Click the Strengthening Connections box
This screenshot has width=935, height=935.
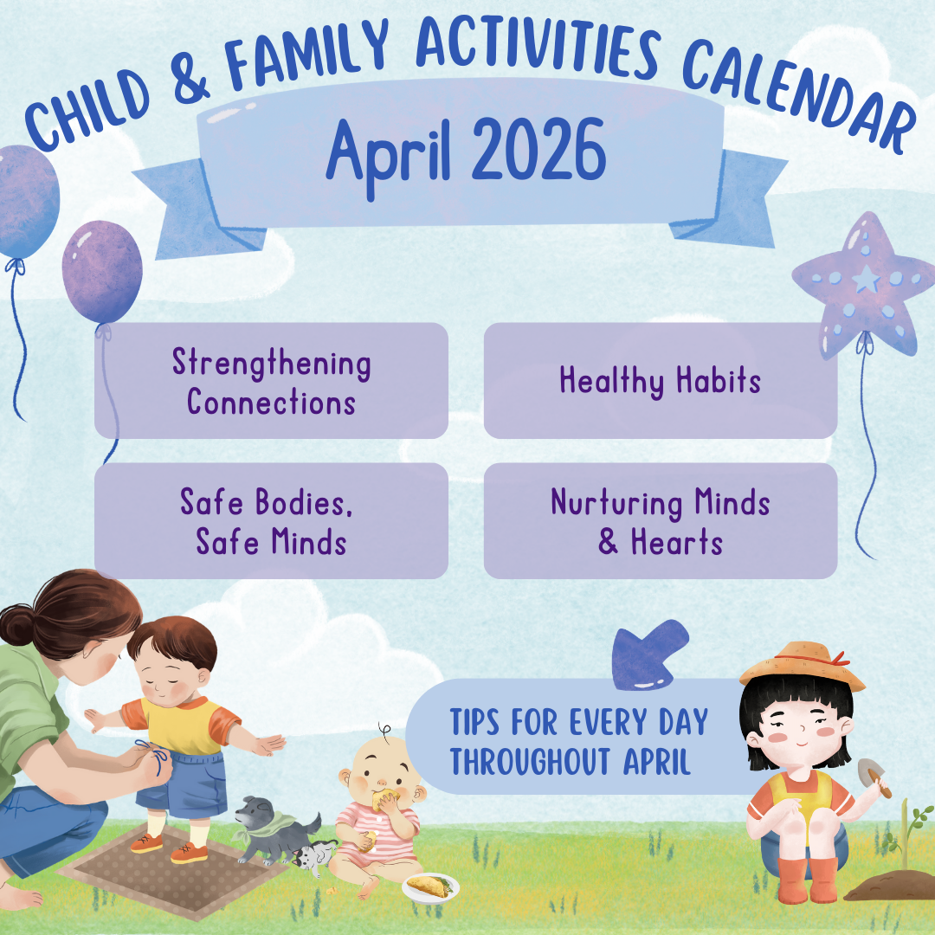pyautogui.click(x=271, y=380)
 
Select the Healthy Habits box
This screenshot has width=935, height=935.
pyautogui.click(x=661, y=380)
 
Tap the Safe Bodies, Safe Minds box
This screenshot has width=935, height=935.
pyautogui.click(x=271, y=520)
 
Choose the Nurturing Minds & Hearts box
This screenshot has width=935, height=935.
pyautogui.click(x=661, y=520)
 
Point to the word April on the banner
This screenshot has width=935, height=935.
pyautogui.click(x=388, y=155)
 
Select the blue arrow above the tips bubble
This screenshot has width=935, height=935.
pyautogui.click(x=648, y=654)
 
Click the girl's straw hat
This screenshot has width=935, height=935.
pyautogui.click(x=803, y=664)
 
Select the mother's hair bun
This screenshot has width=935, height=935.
pyautogui.click(x=16, y=624)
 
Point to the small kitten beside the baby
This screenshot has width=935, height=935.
pyautogui.click(x=314, y=856)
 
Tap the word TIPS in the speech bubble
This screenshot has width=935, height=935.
pyautogui.click(x=474, y=722)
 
